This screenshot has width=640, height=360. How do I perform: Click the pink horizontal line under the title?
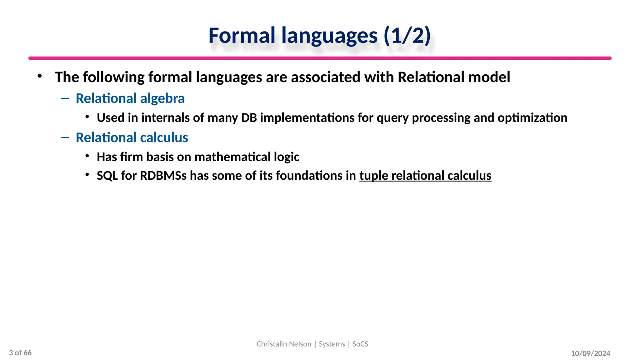coord(320,58)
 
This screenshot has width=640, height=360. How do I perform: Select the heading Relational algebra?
coord(130,98)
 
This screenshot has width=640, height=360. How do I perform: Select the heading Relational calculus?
coord(132,137)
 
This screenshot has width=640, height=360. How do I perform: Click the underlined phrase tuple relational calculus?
coord(425,176)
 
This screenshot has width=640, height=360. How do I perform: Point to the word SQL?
coord(107,176)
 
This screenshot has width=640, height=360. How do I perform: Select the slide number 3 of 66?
coord(20,353)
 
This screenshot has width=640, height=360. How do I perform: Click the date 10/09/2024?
coord(590,353)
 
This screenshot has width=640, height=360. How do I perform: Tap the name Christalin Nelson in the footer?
coord(284,344)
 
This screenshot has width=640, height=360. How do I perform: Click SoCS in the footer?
coord(360,344)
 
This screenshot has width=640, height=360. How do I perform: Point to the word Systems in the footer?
coord(332,344)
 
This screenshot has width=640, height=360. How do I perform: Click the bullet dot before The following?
coord(39,76)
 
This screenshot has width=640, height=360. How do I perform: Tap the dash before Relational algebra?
coord(65,99)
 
